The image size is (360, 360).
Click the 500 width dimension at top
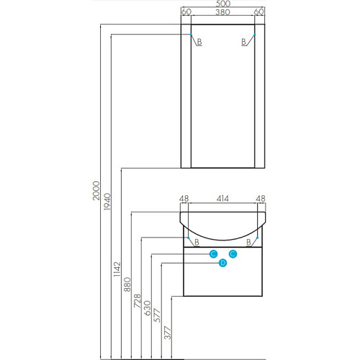[223, 4]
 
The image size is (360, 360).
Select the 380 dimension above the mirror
[222, 12]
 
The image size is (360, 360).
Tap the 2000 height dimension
[96, 191]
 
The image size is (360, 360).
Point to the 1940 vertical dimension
[107, 202]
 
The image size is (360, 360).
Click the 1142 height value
[117, 269]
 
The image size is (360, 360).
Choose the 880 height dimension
[127, 284]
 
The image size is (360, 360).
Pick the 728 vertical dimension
[138, 301]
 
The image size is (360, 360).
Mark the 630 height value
[148, 308]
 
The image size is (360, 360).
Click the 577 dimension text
[157, 315]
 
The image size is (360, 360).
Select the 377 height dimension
[168, 333]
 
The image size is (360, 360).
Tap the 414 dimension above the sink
[222, 199]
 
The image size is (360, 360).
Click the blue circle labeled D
[223, 263]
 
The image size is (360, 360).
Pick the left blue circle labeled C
[213, 254]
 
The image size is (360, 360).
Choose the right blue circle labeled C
[233, 254]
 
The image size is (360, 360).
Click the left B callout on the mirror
[199, 42]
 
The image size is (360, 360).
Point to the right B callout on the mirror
[243, 42]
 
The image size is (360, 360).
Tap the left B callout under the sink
[197, 242]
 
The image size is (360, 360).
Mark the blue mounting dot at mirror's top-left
[191, 35]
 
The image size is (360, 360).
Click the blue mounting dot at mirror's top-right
[255, 35]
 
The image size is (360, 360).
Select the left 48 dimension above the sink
[184, 199]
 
